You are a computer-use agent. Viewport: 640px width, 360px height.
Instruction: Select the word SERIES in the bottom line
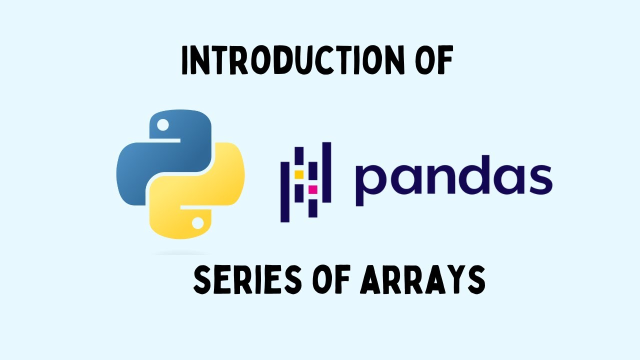pyautogui.click(x=239, y=280)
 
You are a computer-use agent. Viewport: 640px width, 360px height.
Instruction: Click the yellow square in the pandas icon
pyautogui.click(x=299, y=174)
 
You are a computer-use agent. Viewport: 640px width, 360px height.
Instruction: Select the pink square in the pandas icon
pyautogui.click(x=313, y=189)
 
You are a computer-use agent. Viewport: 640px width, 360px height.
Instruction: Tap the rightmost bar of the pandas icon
pyautogui.click(x=326, y=172)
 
